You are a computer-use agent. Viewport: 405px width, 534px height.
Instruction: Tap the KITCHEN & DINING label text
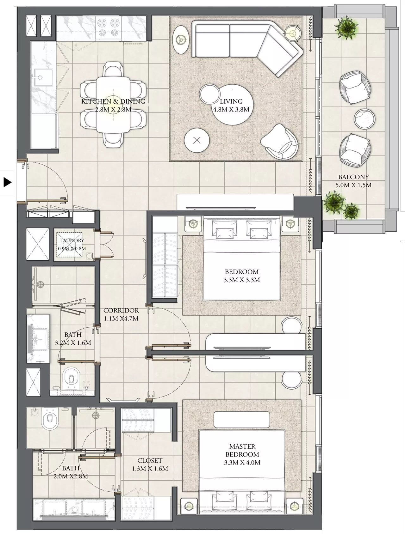coord(113,101)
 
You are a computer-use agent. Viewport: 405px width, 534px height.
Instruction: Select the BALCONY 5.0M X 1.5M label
coord(353,181)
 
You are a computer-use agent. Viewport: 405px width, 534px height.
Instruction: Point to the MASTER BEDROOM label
coord(242,451)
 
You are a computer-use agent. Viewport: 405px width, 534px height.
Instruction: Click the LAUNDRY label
coord(72,240)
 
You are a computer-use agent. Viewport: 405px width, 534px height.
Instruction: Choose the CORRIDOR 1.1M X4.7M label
coord(121,315)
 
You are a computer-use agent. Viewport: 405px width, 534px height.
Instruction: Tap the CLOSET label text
coord(150,461)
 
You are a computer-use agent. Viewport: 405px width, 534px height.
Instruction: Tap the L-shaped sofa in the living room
coord(247,46)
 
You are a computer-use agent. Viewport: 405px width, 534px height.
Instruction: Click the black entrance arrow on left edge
coord(8,183)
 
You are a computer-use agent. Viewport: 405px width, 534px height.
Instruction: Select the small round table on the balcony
coord(364,119)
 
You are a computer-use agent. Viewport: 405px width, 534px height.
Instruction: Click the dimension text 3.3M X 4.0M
coord(242,463)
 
